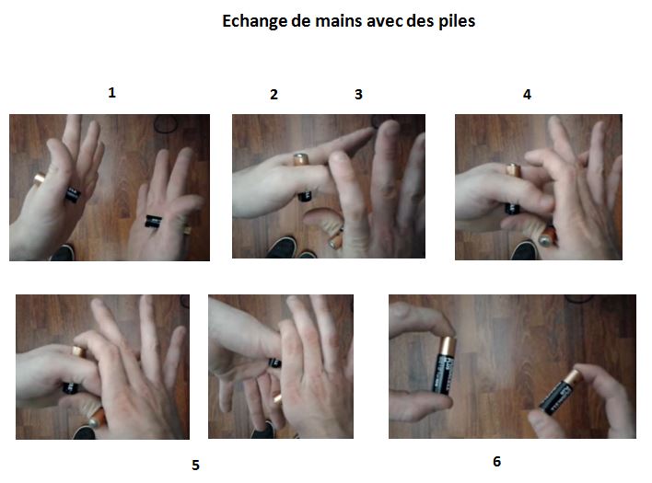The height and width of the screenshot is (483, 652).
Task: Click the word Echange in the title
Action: (251, 20)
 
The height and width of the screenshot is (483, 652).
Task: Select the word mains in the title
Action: (334, 20)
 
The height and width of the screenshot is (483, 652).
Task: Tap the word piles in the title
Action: (455, 20)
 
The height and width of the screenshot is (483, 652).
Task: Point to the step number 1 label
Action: (111, 93)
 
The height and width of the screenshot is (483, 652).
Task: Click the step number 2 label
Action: (274, 94)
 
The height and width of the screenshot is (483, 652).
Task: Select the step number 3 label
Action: (359, 94)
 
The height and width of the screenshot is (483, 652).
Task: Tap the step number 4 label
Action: (527, 94)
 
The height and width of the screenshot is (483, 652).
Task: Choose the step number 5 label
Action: (195, 465)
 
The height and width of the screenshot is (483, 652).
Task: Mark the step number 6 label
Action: (497, 461)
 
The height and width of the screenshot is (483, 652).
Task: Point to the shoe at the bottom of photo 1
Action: (64, 251)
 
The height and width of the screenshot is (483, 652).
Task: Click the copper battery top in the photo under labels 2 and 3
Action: (299, 159)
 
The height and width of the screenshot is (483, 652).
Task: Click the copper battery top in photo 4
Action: (512, 167)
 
